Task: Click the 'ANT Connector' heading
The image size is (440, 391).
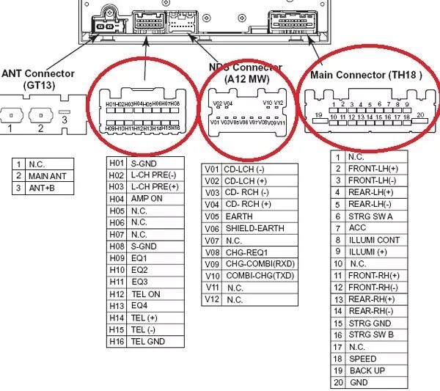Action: [38, 73]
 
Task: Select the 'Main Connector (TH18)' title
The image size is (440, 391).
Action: [366, 75]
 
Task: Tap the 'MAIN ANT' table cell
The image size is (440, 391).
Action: [48, 176]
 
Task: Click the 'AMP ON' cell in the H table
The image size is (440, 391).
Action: [147, 199]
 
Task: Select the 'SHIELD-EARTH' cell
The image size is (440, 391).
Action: [254, 228]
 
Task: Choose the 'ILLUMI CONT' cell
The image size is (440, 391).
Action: [374, 239]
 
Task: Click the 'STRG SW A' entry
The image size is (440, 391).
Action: [370, 216]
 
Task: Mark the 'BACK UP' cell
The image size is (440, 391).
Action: [366, 370]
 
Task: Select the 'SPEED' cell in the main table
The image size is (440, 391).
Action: [362, 359]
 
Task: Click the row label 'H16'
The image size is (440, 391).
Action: [117, 341]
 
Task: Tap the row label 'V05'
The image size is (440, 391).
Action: [213, 216]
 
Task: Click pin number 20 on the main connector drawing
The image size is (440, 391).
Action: [420, 114]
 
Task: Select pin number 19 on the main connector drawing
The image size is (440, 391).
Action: [318, 115]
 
